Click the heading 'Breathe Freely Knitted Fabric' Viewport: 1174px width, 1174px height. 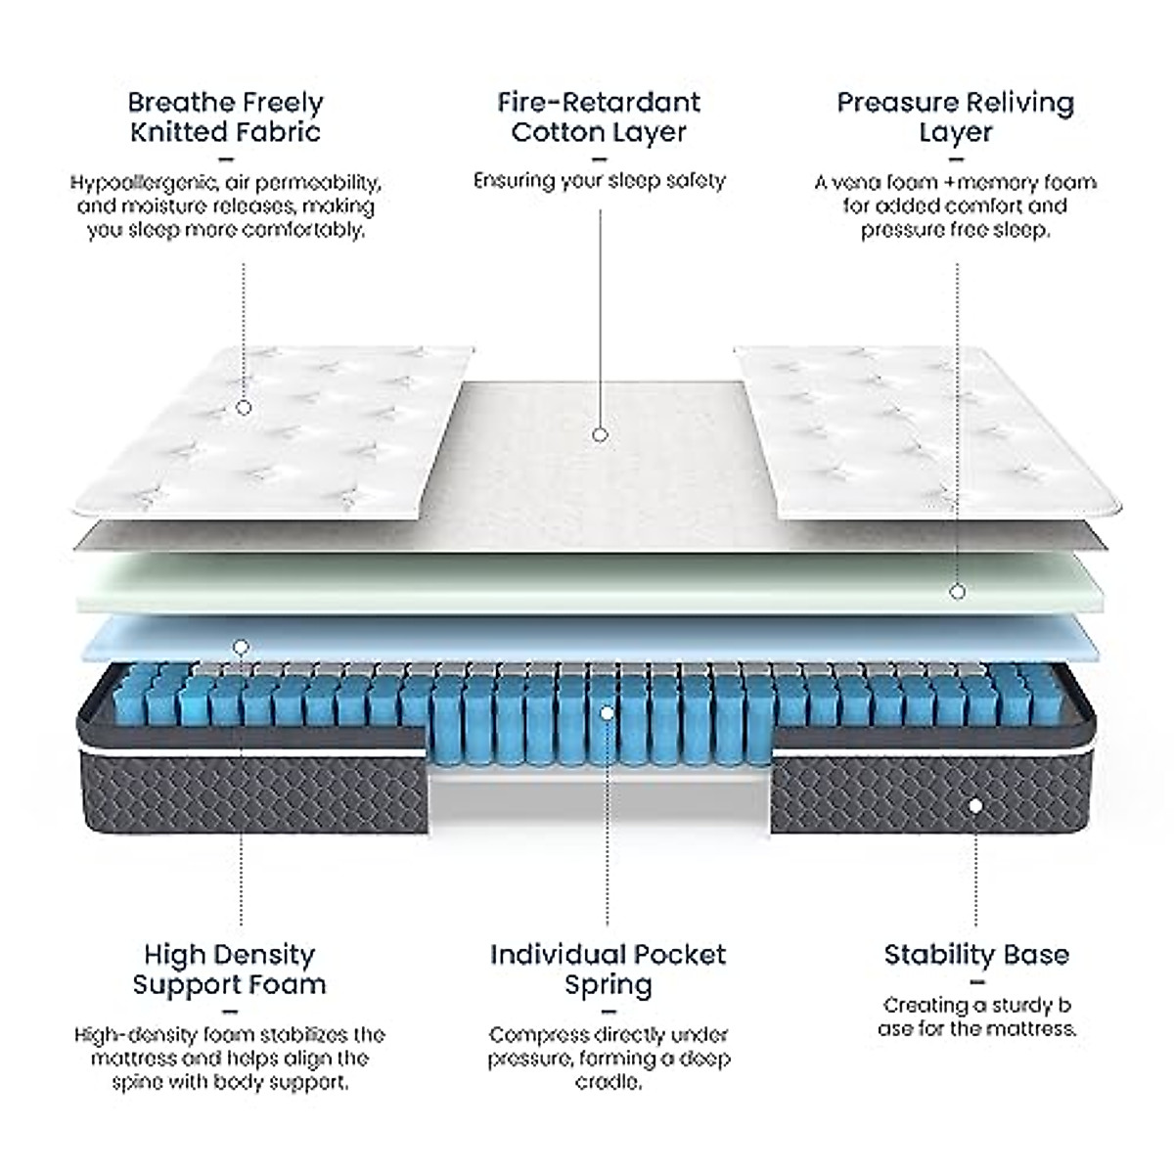click(x=225, y=116)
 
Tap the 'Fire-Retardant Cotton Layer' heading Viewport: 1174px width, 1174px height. click(x=599, y=116)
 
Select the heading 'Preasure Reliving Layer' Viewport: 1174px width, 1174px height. click(x=955, y=116)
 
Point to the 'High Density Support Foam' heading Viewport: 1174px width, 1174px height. click(x=229, y=969)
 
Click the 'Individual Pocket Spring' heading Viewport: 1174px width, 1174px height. click(x=608, y=969)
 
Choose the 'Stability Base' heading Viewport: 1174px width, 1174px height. click(x=976, y=954)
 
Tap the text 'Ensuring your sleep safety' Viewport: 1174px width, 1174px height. click(x=599, y=181)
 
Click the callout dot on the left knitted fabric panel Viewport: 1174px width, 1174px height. click(x=244, y=407)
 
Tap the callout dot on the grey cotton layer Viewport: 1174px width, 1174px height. click(x=600, y=433)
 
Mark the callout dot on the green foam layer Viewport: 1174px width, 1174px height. click(x=957, y=591)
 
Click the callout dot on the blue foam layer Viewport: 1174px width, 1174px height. click(x=242, y=647)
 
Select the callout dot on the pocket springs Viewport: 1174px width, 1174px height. click(x=607, y=713)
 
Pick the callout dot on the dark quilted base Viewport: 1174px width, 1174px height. click(x=974, y=806)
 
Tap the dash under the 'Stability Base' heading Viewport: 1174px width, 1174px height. click(x=976, y=981)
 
